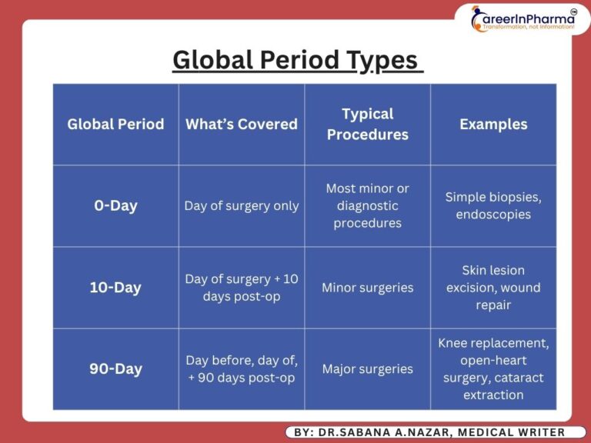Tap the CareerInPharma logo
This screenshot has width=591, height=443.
click(x=523, y=19)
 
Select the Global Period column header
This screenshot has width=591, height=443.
click(x=115, y=124)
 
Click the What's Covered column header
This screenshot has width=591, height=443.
click(x=242, y=124)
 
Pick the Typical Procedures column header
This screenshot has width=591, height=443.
click(x=368, y=124)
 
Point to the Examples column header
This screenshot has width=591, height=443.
click(x=493, y=124)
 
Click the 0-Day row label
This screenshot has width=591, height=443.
click(x=115, y=206)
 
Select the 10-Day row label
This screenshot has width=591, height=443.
click(x=115, y=288)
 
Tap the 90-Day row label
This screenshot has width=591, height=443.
click(x=115, y=369)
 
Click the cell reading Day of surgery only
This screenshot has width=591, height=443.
click(x=242, y=206)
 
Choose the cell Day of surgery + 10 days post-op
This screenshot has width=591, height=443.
click(x=242, y=288)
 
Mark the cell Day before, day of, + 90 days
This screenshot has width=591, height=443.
click(x=242, y=369)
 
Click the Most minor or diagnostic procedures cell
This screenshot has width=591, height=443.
click(x=368, y=206)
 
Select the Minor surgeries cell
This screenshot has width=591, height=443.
click(x=368, y=288)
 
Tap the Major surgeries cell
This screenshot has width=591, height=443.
click(x=368, y=369)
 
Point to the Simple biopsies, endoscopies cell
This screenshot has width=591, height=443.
click(x=493, y=206)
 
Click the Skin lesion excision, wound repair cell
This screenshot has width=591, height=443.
click(x=493, y=288)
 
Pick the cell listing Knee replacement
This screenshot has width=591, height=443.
click(x=493, y=369)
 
